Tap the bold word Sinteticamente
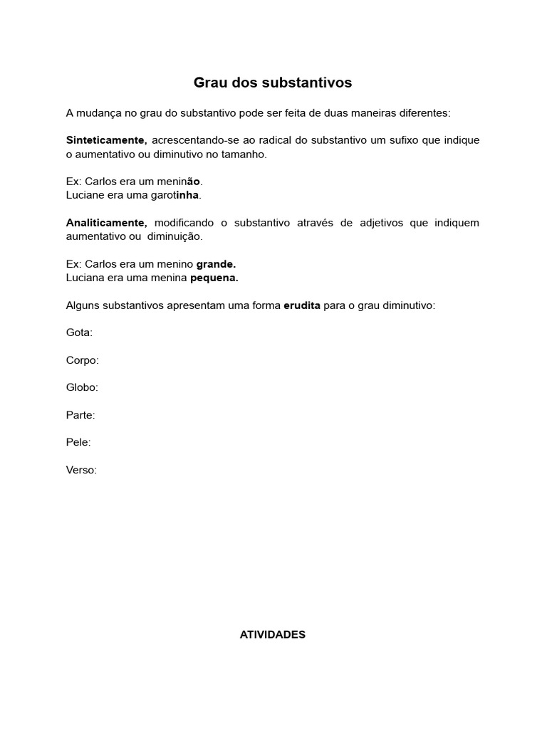[106, 140]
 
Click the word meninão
[179, 182]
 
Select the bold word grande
[216, 264]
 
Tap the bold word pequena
[214, 277]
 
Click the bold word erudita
[302, 305]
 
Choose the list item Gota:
[79, 332]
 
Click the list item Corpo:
[83, 360]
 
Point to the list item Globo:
[82, 387]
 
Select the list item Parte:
[80, 415]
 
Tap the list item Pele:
[78, 442]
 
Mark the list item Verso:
[81, 470]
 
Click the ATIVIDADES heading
[273, 634]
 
